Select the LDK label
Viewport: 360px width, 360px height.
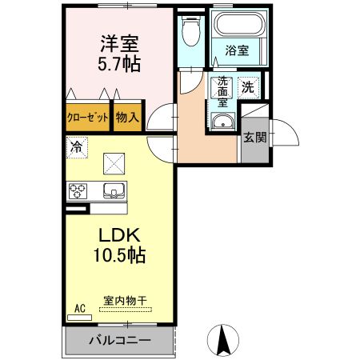120,236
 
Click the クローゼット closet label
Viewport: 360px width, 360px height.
86,116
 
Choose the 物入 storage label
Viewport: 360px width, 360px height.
127,116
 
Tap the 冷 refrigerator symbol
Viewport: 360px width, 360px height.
77,147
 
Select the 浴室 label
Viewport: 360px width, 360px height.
236,50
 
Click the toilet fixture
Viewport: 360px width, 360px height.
189,31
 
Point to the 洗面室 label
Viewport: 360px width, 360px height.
221,90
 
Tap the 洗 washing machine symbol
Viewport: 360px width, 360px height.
249,86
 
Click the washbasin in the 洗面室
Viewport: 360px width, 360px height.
222,122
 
